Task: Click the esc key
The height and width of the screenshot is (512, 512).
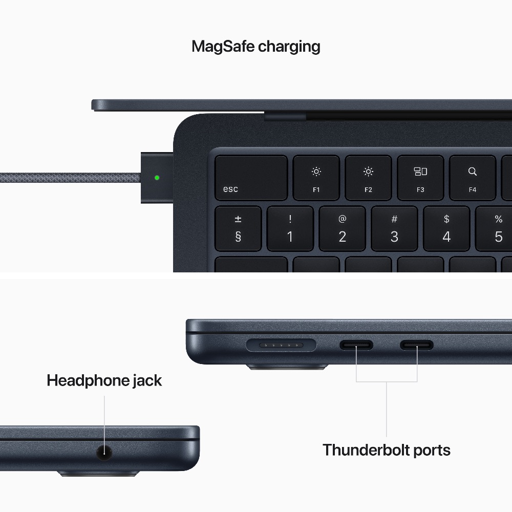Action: click(250, 178)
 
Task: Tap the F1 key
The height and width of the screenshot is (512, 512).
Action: click(316, 178)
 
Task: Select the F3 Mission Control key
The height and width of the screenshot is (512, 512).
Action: click(420, 178)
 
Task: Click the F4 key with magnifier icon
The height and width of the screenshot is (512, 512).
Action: click(472, 178)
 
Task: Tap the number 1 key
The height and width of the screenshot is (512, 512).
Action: click(290, 228)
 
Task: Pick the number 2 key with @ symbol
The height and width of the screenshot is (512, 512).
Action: click(342, 228)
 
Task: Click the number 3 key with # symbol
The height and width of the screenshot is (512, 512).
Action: click(394, 228)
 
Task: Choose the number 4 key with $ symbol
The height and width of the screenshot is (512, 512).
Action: click(446, 228)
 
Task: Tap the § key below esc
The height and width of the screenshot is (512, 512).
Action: click(238, 228)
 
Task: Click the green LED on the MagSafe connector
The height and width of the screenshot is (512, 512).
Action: click(157, 178)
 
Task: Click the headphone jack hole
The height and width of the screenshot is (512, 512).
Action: click(104, 452)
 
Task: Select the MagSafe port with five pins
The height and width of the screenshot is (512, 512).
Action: click(281, 346)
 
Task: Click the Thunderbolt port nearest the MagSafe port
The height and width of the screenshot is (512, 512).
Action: click(356, 346)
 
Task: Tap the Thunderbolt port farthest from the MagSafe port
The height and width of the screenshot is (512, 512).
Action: click(417, 346)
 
